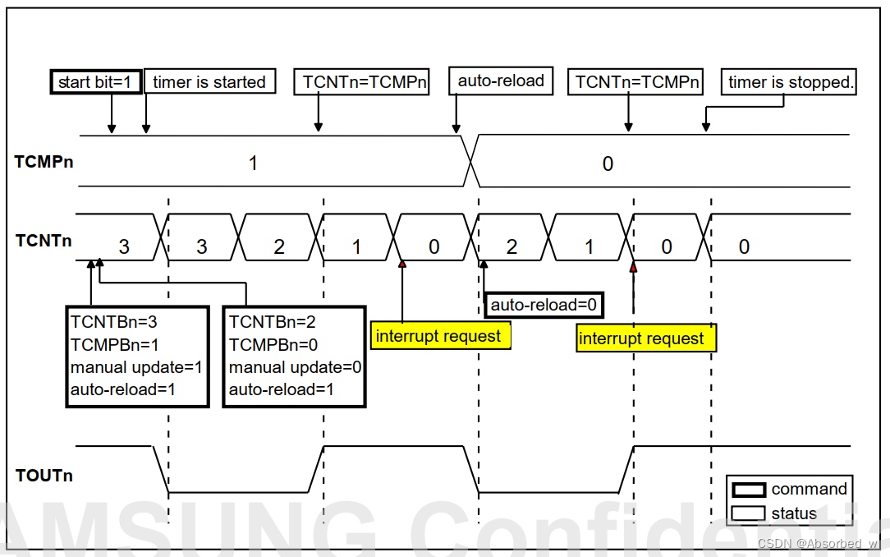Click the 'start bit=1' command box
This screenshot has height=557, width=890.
click(x=95, y=82)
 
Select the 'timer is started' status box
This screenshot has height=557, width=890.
click(x=209, y=82)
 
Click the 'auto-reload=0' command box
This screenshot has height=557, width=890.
click(x=544, y=306)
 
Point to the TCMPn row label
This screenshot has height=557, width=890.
click(x=44, y=161)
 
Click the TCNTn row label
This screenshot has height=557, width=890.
click(x=44, y=241)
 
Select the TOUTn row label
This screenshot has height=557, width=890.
click(x=44, y=475)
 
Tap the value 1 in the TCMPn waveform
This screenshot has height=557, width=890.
click(x=254, y=163)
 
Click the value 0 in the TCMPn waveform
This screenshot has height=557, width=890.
click(x=608, y=163)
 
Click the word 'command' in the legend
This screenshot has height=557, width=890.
click(x=809, y=489)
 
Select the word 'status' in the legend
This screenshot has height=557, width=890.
click(x=794, y=513)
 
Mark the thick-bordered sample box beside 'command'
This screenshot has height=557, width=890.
click(x=748, y=490)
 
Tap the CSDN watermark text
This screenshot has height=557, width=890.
click(x=818, y=544)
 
